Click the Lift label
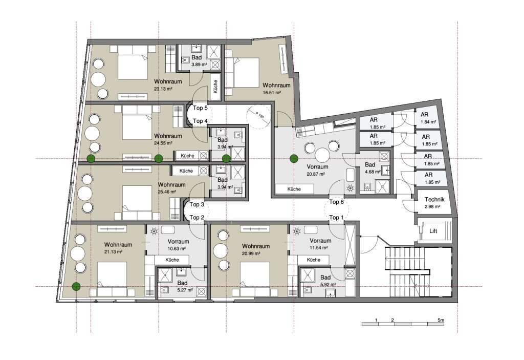(433, 231)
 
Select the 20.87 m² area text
(316, 174)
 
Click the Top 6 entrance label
(337, 202)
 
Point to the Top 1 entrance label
(336, 218)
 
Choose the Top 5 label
(200, 108)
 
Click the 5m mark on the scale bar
(441, 320)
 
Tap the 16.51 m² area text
(272, 93)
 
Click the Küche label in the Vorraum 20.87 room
(294, 189)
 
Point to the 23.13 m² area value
(163, 89)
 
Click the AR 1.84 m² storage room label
(428, 118)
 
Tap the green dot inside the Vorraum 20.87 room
(294, 159)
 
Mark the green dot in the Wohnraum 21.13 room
(77, 286)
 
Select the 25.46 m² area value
(167, 192)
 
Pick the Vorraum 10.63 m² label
(178, 245)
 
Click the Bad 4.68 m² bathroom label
(373, 168)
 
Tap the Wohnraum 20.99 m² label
(256, 249)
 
